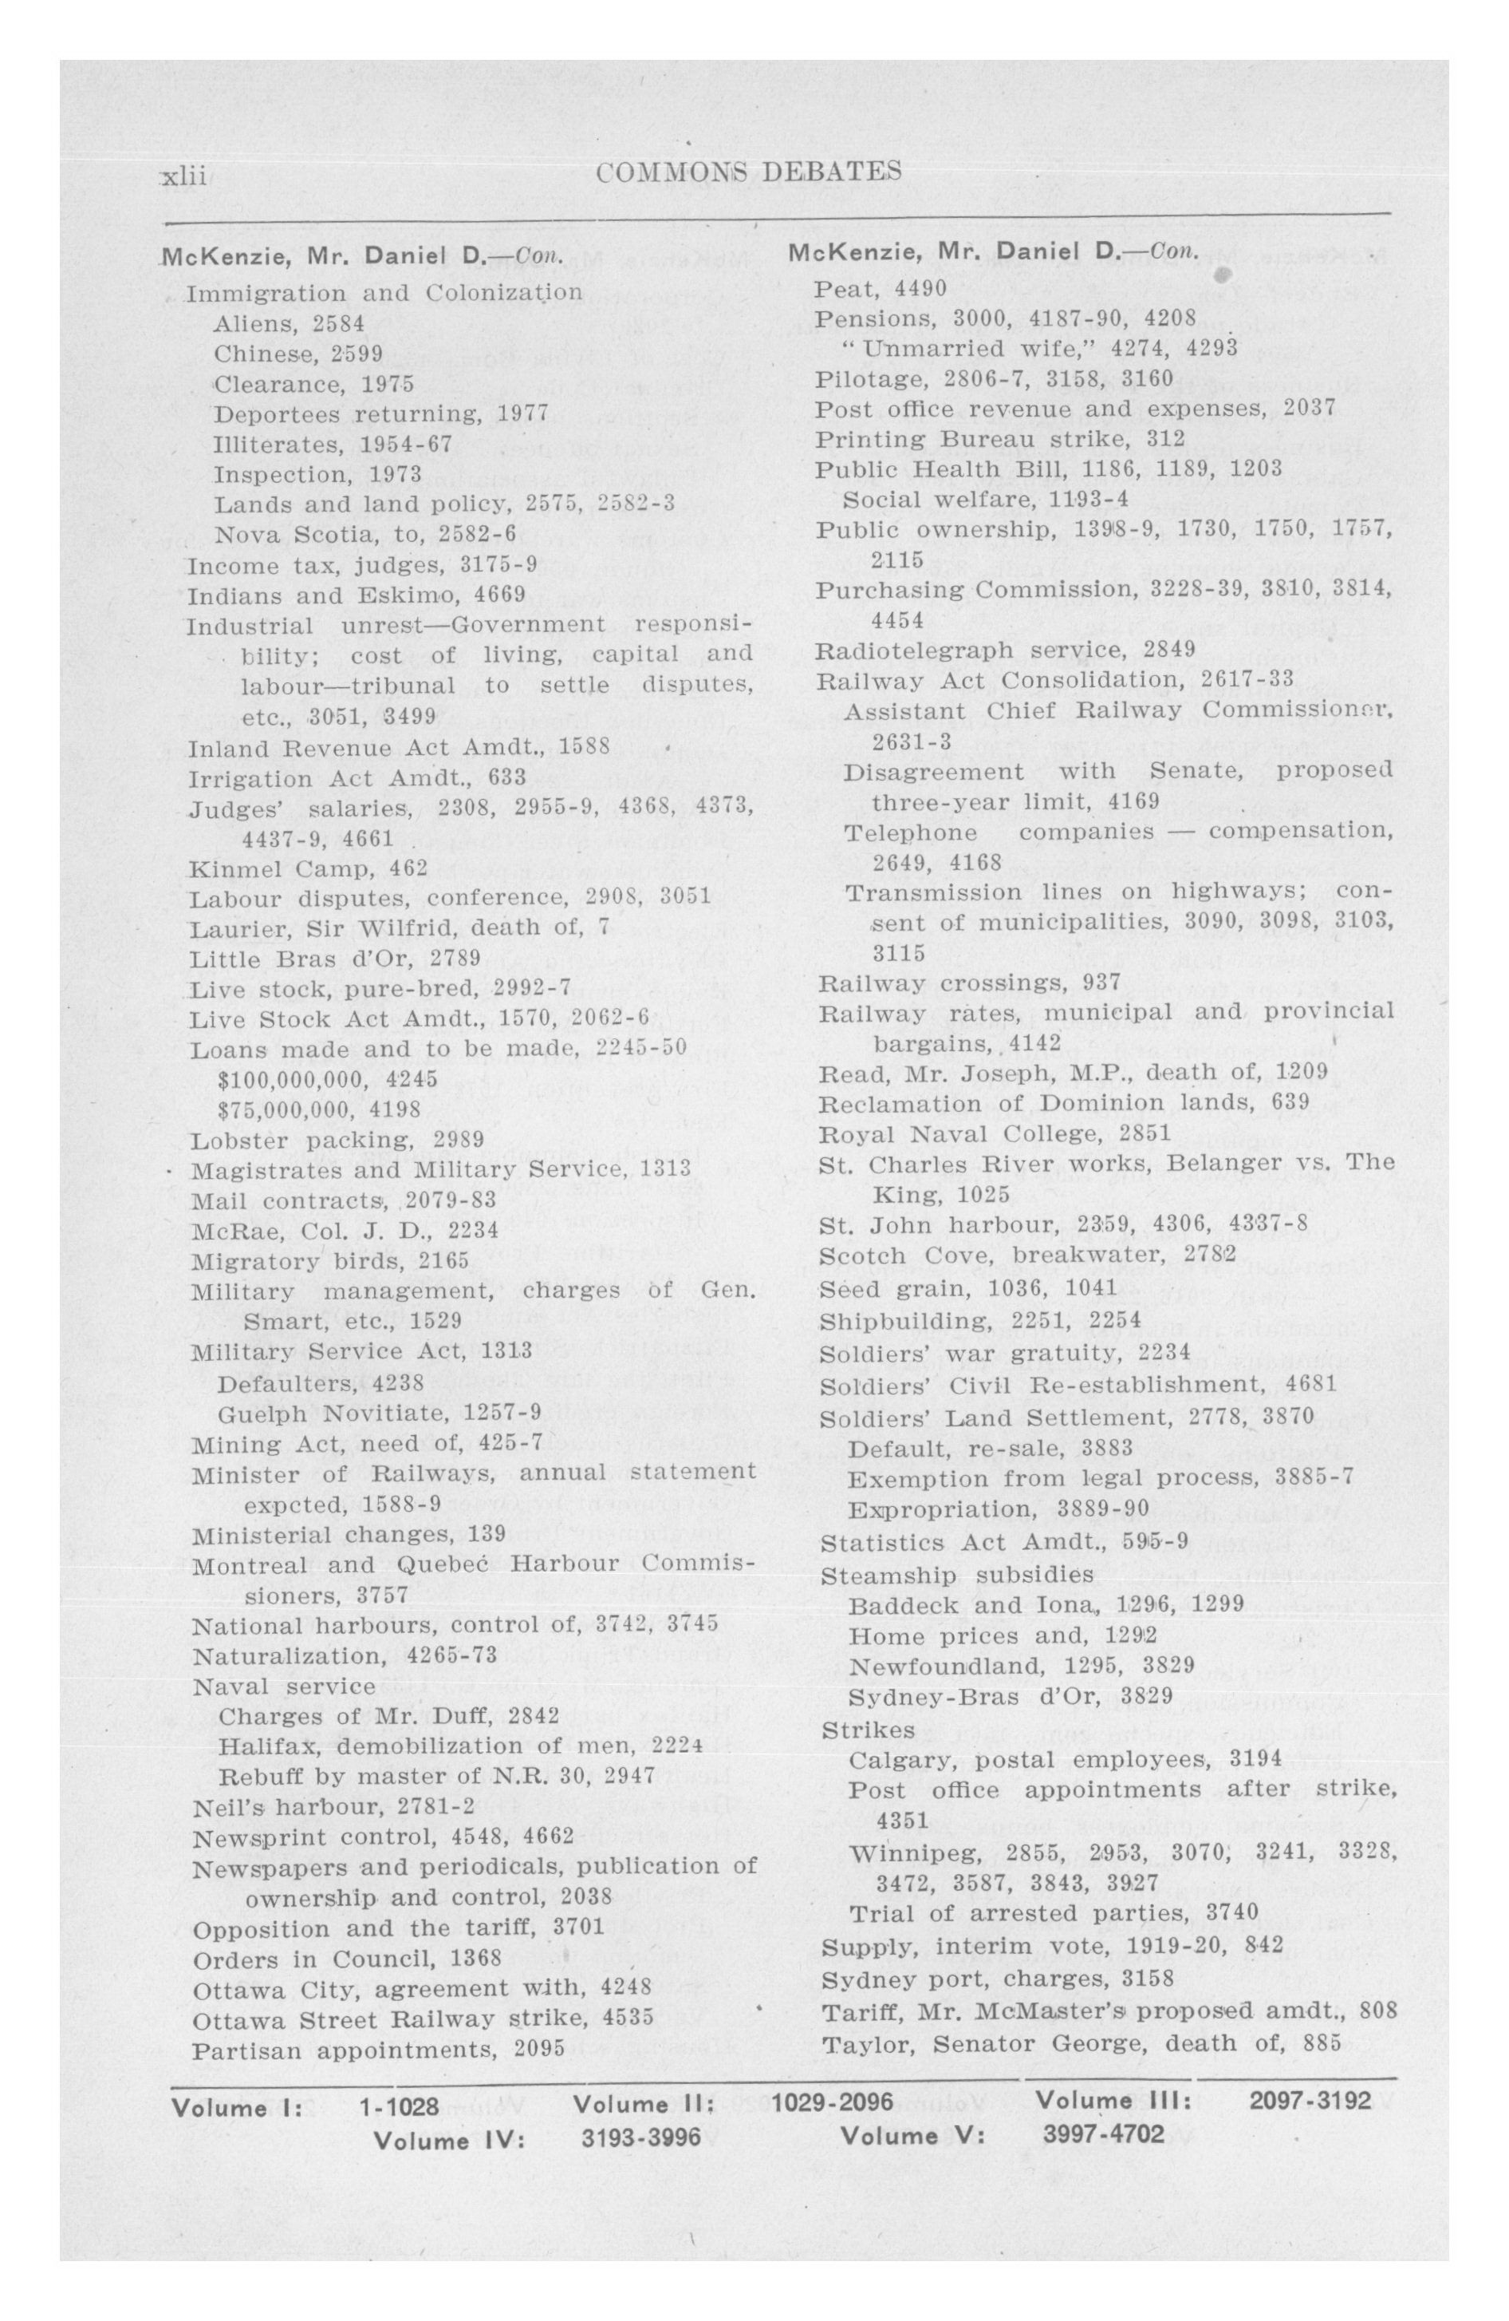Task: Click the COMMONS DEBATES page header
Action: (x=747, y=172)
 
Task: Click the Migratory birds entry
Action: (x=329, y=1261)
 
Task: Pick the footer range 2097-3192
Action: (x=1309, y=2100)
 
